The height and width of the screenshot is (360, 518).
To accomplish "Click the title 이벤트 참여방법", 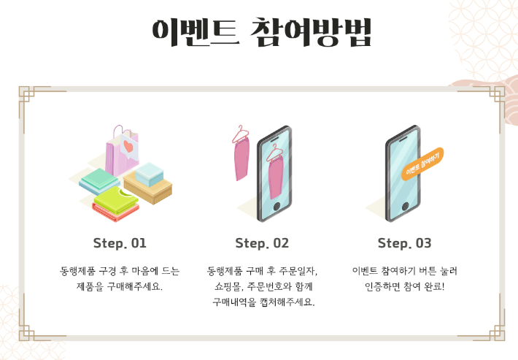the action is (x=262, y=32).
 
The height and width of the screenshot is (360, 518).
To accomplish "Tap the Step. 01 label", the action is (x=120, y=243).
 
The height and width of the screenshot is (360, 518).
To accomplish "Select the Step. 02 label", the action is (x=262, y=243).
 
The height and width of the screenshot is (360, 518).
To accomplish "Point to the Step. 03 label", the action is (x=404, y=243).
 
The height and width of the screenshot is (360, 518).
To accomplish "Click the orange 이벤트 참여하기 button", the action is (x=422, y=164).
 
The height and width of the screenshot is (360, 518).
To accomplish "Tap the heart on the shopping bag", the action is (x=128, y=146).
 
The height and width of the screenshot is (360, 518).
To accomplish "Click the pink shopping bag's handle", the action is (x=118, y=131).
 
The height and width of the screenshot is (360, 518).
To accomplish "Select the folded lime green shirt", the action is (x=115, y=199).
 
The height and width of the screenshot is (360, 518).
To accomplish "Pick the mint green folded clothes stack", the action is (x=100, y=180).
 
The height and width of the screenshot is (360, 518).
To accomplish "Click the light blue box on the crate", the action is (x=150, y=174).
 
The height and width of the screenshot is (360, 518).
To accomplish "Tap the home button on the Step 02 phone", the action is (x=277, y=207).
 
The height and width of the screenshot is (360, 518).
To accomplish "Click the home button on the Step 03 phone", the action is (x=405, y=207).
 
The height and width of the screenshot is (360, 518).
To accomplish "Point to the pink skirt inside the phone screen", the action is (x=276, y=177).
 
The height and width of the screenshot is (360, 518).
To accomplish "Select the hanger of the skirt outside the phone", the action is (x=241, y=134).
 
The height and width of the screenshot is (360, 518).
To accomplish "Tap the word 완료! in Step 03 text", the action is (x=434, y=286).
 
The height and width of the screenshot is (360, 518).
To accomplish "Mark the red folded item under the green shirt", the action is (x=115, y=212).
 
